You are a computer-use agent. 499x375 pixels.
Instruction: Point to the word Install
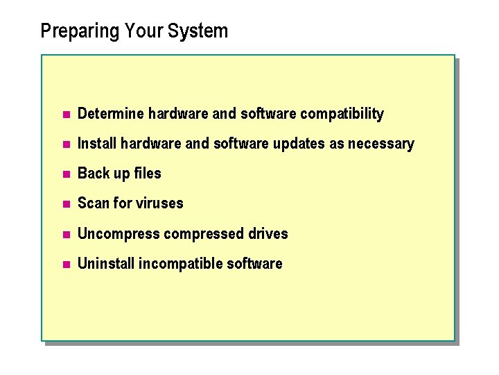pos(97,144)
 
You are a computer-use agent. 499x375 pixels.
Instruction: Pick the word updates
pos(286,144)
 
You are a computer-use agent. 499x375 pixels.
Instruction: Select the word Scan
pos(93,203)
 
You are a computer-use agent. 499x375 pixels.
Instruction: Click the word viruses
pos(160,203)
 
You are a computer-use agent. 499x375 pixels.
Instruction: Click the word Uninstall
pos(106,264)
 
